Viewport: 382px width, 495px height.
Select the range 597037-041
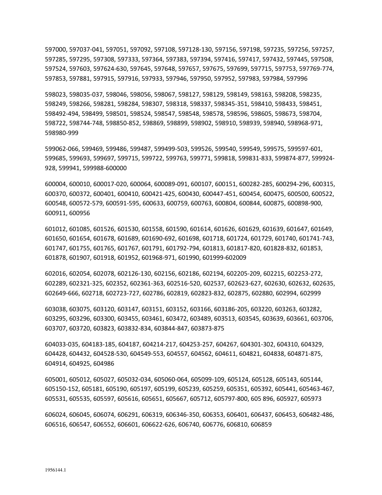(x=86, y=49)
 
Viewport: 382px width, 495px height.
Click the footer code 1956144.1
(x=55, y=469)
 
